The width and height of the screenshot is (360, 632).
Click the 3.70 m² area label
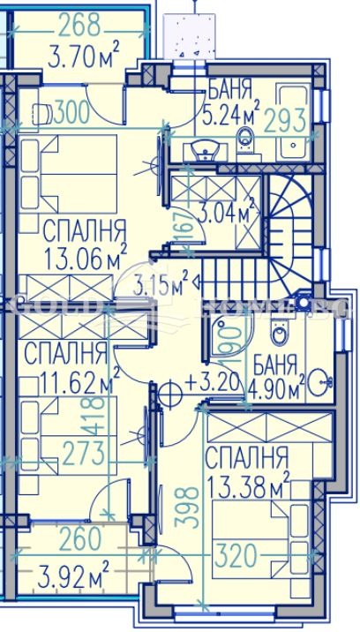tap(85, 59)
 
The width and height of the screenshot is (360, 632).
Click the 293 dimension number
tap(287, 117)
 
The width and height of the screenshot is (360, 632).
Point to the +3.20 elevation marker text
tap(209, 384)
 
